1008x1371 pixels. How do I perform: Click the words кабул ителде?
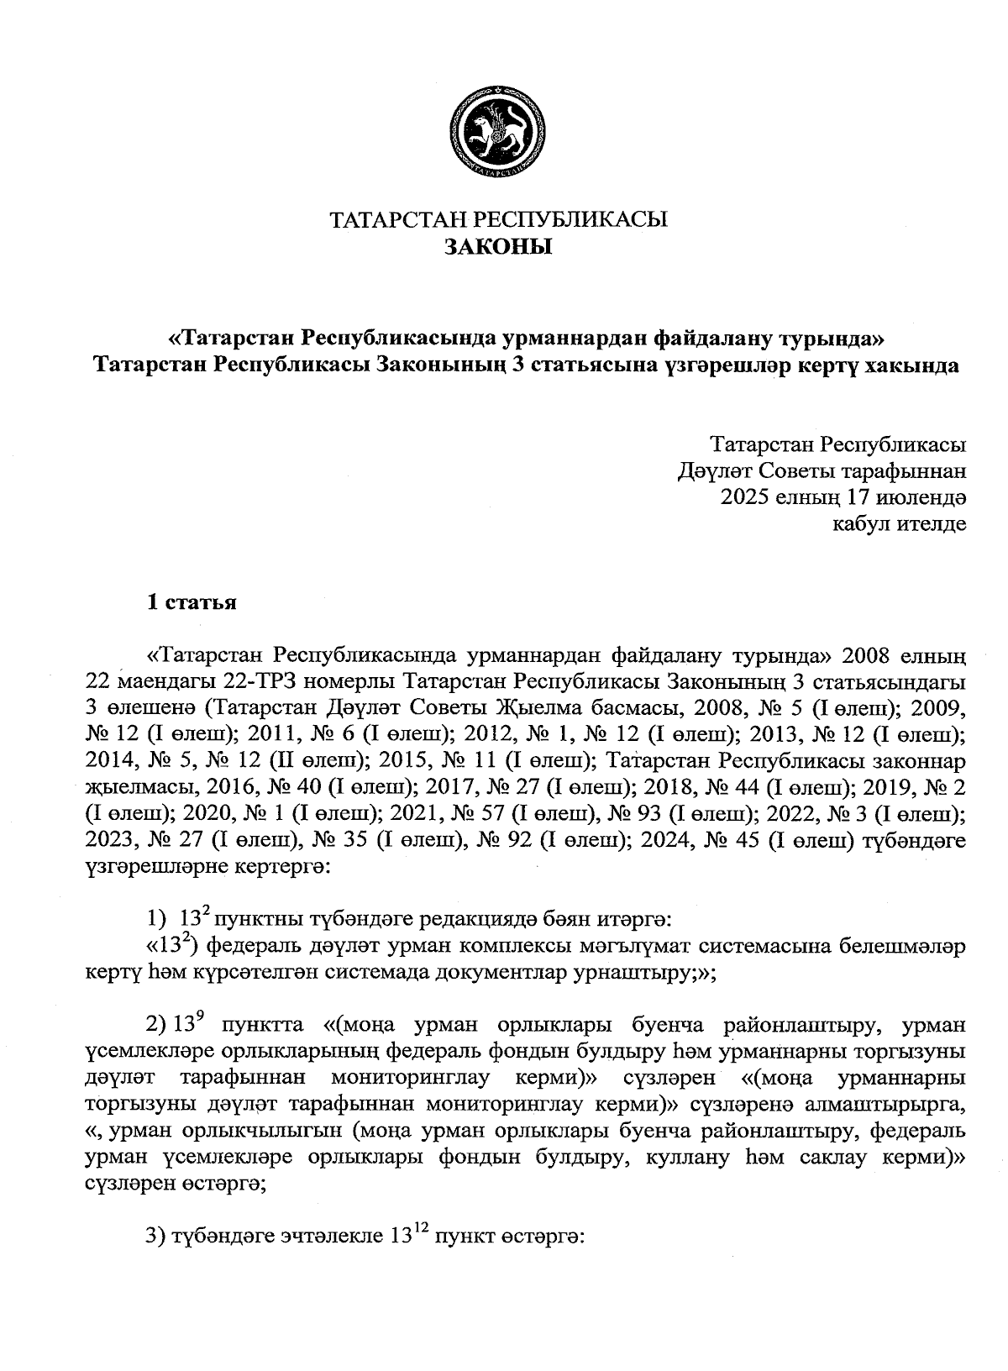898,524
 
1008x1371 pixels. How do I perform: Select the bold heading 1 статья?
192,603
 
